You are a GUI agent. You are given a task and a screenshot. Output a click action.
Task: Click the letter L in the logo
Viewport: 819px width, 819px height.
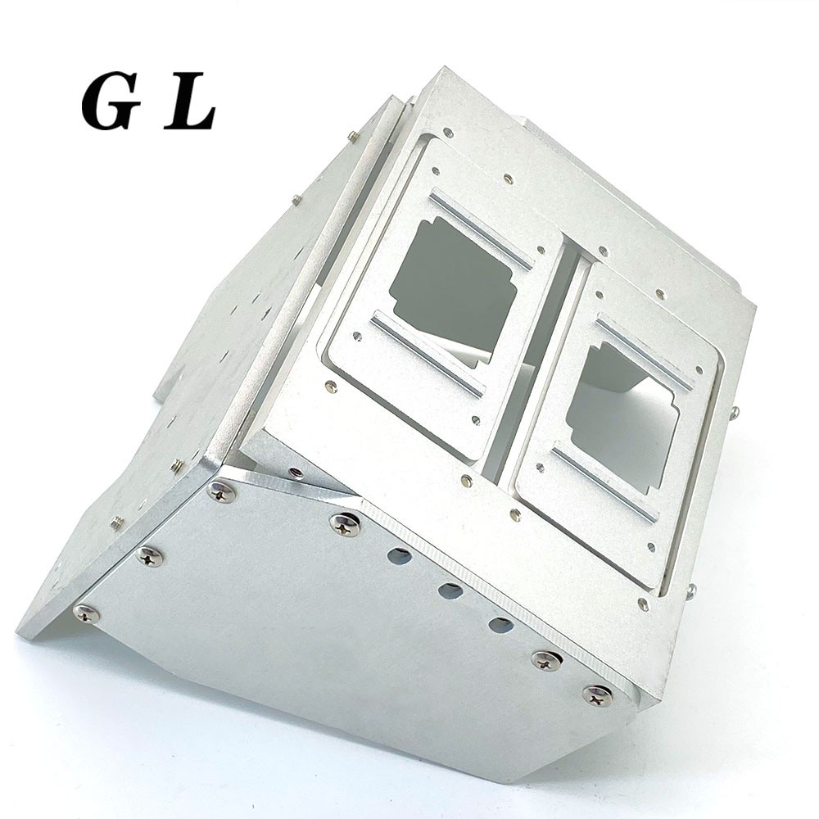[x=190, y=105]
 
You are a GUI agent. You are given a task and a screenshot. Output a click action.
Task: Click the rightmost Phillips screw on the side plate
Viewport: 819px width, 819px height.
[x=597, y=695]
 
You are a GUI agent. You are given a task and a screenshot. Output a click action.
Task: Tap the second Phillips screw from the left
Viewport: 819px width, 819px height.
[x=149, y=556]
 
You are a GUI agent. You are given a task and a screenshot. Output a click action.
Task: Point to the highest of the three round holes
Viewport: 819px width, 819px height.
[x=400, y=556]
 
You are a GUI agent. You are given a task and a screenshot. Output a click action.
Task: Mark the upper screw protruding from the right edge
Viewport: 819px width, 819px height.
[x=735, y=411]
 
